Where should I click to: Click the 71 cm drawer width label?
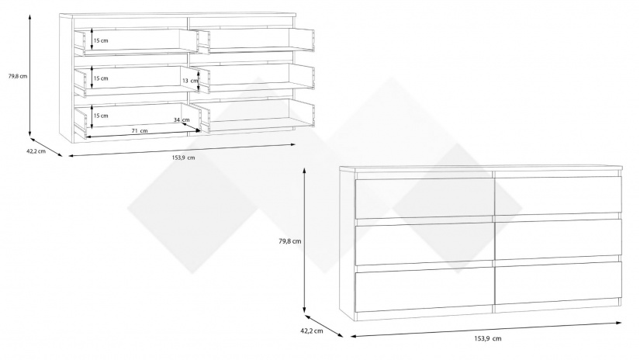[x=140, y=130]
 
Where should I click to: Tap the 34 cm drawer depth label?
[x=182, y=119]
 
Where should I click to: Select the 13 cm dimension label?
[x=189, y=81]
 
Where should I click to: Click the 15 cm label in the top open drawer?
[x=101, y=41]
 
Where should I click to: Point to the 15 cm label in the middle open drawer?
[x=101, y=78]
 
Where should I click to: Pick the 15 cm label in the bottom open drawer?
[x=101, y=116]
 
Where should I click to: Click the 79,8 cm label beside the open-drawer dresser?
[x=18, y=76]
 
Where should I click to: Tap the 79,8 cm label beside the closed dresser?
[x=290, y=241]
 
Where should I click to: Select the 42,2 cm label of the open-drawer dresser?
[x=36, y=151]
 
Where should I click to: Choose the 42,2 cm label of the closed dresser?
[x=312, y=331]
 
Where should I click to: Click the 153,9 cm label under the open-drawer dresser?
[x=183, y=157]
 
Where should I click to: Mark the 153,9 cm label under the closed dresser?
[x=488, y=338]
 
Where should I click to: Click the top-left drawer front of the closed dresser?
[x=425, y=199]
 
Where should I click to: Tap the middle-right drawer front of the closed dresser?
[x=559, y=240]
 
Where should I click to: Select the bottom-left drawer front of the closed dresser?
[x=425, y=288]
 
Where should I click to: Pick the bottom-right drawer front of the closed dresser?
[x=559, y=283]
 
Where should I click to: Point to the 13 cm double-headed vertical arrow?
[x=199, y=81]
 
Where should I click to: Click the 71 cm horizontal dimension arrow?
[x=144, y=134]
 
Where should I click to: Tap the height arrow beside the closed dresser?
[x=305, y=241]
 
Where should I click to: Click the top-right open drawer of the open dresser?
[x=256, y=40]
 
